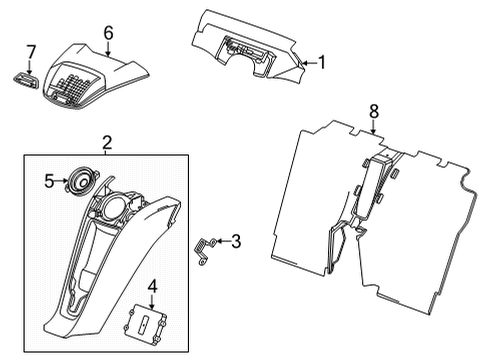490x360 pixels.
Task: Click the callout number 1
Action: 322,62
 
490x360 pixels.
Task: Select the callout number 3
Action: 236,240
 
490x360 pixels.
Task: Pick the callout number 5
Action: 47,181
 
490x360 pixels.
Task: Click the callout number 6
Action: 109,32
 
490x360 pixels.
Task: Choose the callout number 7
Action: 30,50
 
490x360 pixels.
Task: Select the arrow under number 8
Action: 373,127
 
